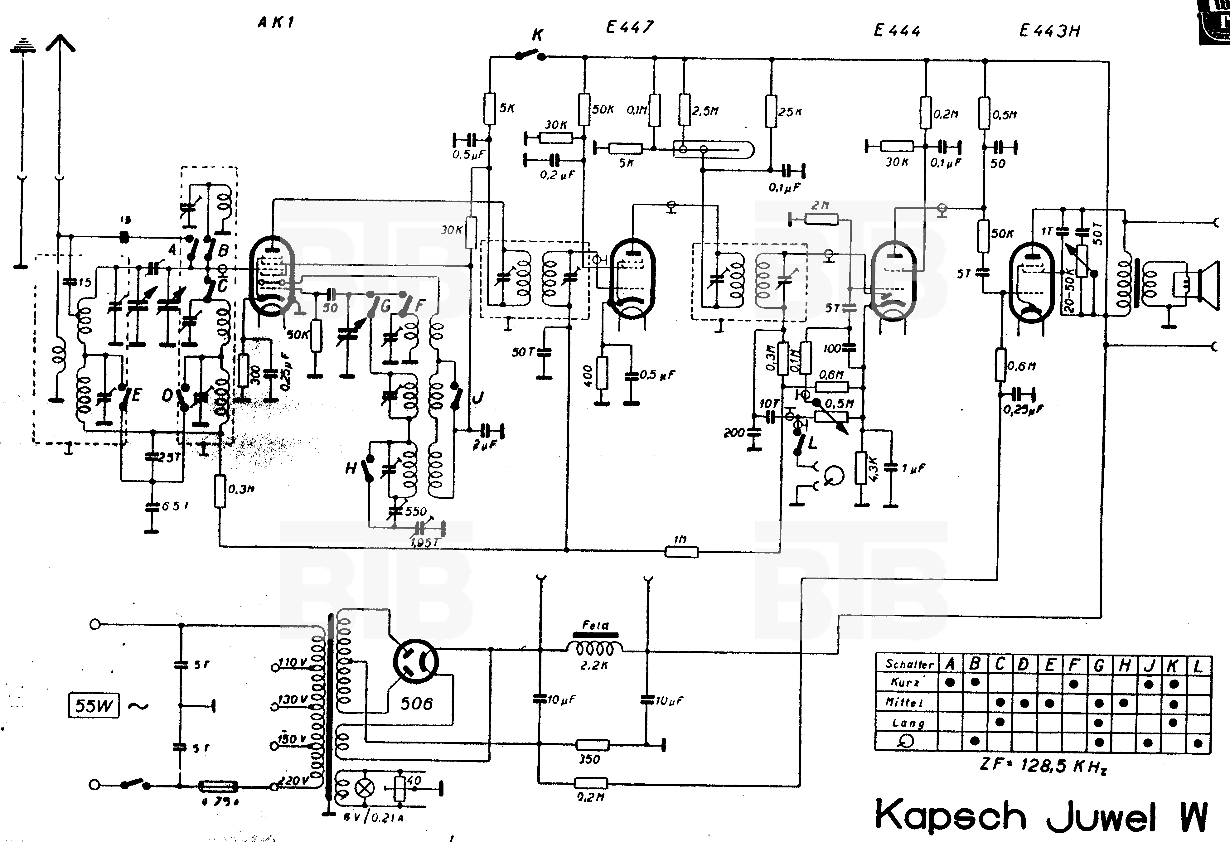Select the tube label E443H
click(1049, 31)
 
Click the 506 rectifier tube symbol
click(416, 663)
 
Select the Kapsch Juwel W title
click(1040, 815)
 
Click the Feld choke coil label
click(595, 626)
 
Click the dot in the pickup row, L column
click(1198, 743)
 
